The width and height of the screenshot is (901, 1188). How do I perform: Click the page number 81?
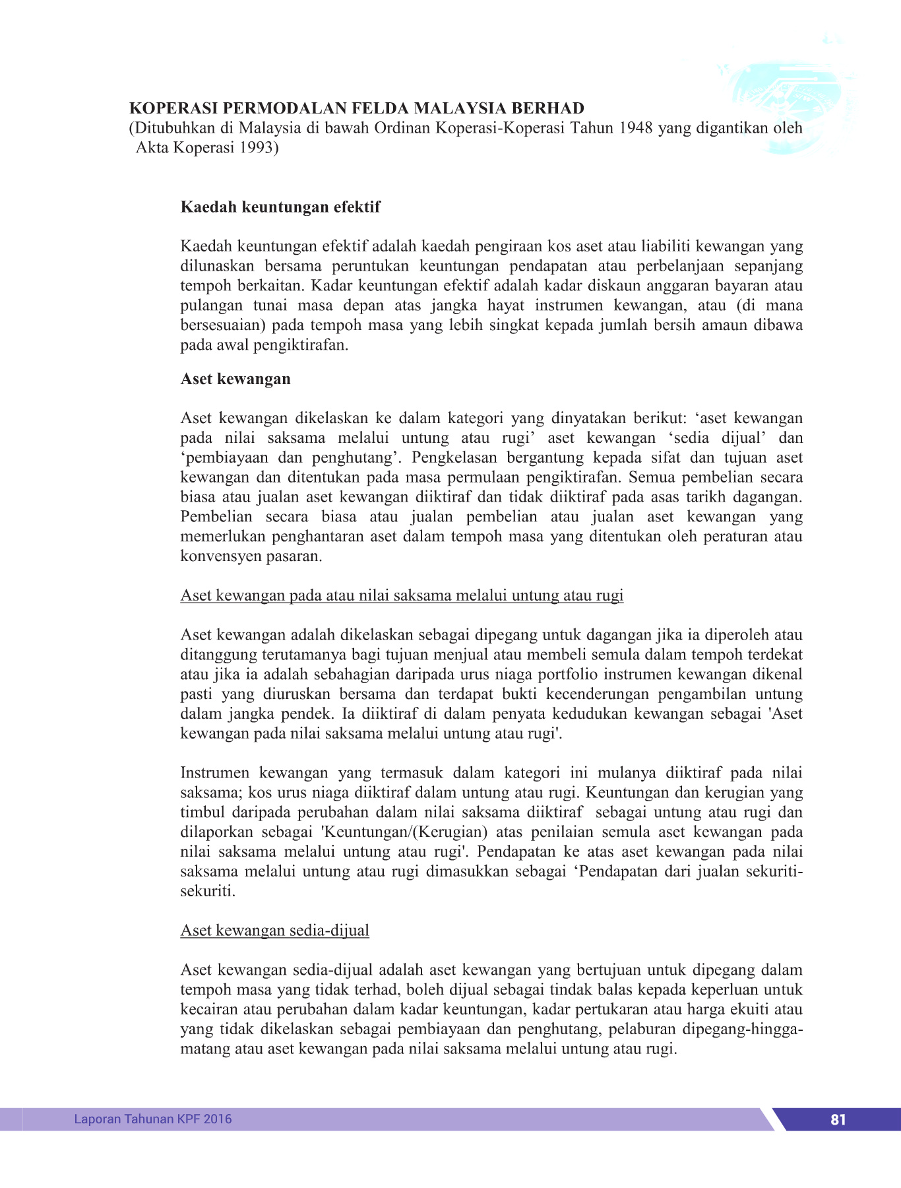click(x=838, y=1119)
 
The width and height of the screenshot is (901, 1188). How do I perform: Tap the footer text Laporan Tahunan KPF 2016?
click(x=152, y=1119)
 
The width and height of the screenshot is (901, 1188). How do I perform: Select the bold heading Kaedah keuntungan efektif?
click(x=280, y=207)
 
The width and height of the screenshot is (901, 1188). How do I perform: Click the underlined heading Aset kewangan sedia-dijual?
click(x=274, y=931)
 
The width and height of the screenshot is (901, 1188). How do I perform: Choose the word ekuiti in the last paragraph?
click(x=749, y=1010)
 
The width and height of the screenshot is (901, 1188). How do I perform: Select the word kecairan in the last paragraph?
click(x=210, y=1010)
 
